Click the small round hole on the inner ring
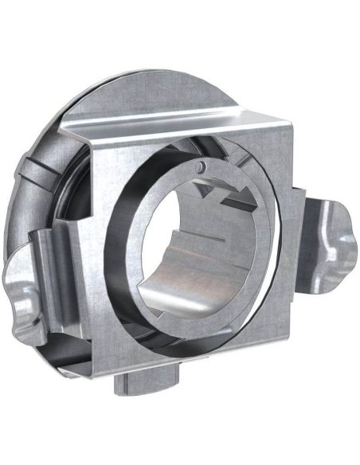(x=202, y=166)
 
